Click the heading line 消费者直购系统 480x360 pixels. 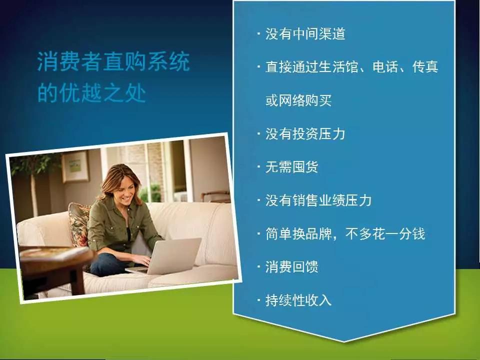[x=113, y=63]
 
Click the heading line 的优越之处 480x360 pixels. [x=91, y=93]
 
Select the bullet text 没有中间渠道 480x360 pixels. [x=305, y=34]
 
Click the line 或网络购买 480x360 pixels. [x=298, y=100]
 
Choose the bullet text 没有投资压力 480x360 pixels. [x=305, y=134]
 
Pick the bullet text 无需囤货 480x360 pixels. [x=291, y=167]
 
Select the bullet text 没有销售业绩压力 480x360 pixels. [x=318, y=200]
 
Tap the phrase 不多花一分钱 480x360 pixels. [x=391, y=234]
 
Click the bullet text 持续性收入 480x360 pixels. [x=298, y=300]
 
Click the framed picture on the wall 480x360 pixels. [x=75, y=167]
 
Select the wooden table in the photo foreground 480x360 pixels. [x=55, y=262]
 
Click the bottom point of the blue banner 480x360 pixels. [x=344, y=341]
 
